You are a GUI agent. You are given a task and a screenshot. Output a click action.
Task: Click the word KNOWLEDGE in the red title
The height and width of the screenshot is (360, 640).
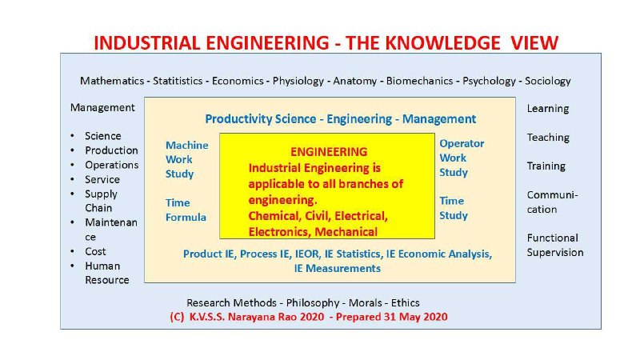pos(442,43)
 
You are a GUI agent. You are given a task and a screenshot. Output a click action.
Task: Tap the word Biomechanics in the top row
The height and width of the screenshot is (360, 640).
pos(419,81)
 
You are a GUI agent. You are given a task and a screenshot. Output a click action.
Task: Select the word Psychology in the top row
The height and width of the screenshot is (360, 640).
pos(489,82)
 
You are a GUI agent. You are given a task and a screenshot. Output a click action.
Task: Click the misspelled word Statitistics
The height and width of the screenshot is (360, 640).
pos(178,81)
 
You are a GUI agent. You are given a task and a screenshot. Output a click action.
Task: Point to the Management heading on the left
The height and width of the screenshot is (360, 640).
pos(102,108)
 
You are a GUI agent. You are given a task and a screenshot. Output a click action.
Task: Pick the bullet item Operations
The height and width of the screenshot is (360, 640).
pos(111,165)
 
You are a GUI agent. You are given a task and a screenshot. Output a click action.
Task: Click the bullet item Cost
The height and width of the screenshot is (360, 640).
pos(95,251)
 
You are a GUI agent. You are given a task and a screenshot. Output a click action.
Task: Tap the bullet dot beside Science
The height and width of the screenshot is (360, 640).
pos(72,136)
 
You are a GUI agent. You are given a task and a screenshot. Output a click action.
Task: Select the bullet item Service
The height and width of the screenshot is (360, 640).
pos(102,179)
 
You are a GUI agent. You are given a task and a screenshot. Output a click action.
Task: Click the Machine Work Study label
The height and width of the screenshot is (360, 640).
pos(186,159)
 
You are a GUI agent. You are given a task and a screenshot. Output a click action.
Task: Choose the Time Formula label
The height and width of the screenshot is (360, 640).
pos(186,210)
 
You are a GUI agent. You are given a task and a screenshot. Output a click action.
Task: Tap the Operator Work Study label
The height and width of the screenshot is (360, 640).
pos(462,158)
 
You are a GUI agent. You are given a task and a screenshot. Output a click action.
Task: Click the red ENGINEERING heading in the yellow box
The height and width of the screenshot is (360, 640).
pos(329,152)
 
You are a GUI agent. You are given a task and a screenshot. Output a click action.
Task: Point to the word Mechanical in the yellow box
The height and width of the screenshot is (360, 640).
pos(346,232)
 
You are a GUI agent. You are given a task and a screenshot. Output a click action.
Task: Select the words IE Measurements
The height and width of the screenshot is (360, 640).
pos(337,268)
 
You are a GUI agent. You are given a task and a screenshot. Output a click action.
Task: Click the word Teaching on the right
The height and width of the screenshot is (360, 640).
pos(548,138)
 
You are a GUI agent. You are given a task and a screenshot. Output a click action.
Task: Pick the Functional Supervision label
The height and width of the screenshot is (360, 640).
pos(555,246)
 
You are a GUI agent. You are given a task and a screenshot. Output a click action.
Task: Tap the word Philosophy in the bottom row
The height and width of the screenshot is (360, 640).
pos(313,303)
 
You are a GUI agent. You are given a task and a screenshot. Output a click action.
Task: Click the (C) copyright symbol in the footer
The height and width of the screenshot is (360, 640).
pos(177,317)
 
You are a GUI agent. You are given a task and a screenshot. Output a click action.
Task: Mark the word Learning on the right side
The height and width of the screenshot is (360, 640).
pos(548,109)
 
